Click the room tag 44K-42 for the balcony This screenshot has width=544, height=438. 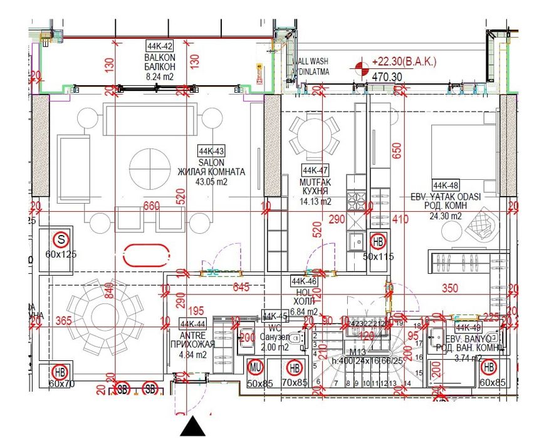159,46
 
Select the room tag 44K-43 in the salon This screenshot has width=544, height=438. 211,151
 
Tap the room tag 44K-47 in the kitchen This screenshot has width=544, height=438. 315,170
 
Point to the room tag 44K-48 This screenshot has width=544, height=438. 446,185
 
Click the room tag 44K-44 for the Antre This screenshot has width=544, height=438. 192,323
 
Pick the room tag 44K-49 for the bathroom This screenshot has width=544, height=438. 468,327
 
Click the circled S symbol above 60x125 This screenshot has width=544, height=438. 61,239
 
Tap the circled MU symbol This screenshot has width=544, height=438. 255,367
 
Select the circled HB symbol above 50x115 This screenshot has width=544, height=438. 379,241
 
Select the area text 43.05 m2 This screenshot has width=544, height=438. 211,182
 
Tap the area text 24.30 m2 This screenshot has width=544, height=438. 446,216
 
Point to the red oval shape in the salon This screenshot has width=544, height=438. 147,256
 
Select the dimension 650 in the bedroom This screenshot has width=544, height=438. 395,151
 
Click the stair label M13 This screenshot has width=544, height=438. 358,352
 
